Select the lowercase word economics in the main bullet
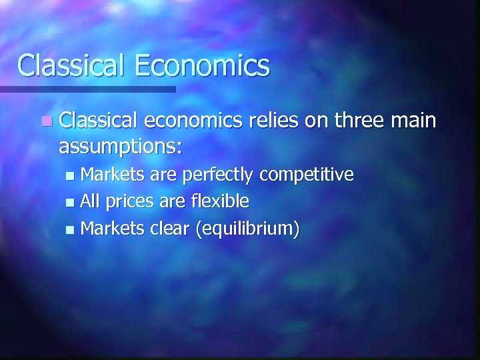tap(193, 121)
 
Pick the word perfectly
tap(217, 175)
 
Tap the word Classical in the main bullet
tap(97, 121)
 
